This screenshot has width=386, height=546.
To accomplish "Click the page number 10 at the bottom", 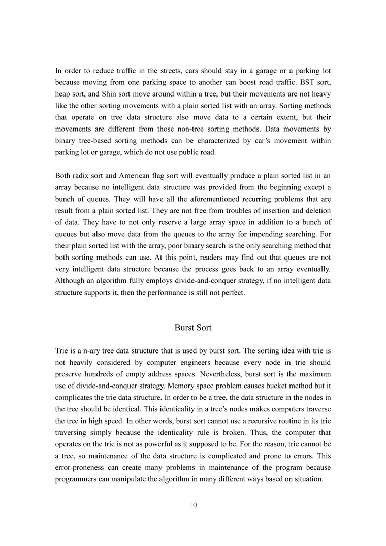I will tap(192, 505).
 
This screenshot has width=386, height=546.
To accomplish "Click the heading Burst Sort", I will tap(192, 328).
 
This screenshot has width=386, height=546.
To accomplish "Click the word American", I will tap(136, 176).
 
